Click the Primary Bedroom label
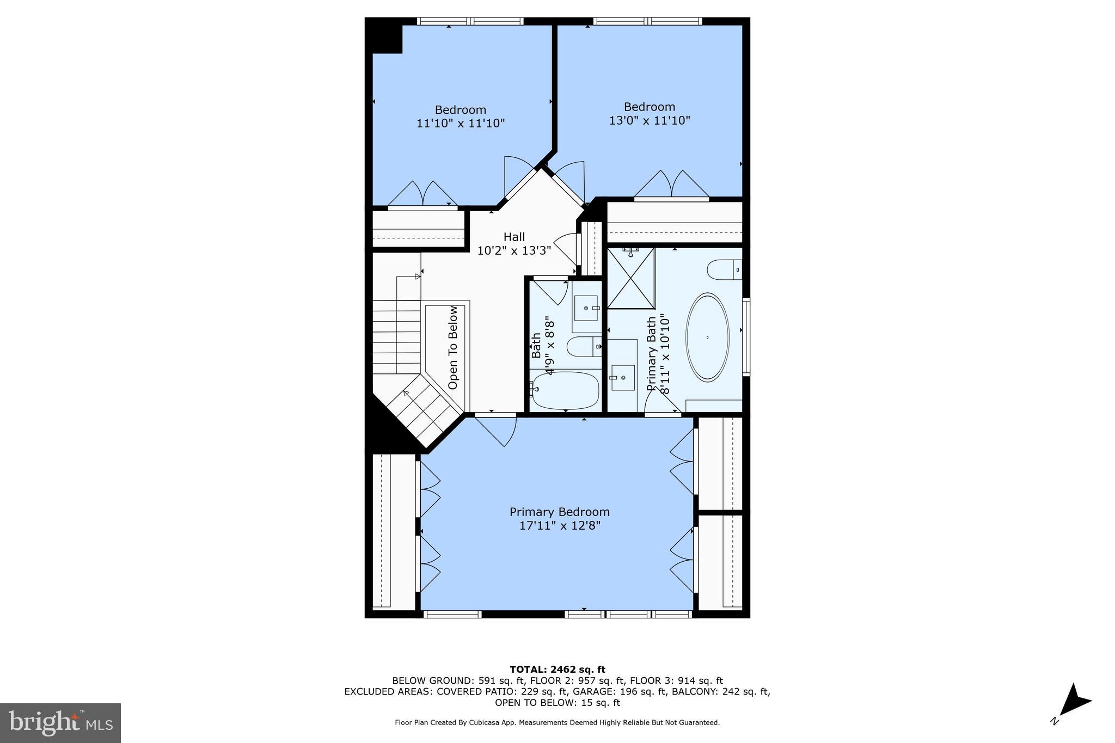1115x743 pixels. point(559,512)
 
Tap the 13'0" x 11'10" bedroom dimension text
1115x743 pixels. point(649,120)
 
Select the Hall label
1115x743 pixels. point(514,237)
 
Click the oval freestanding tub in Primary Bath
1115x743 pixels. point(707,337)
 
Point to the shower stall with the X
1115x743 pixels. point(630,278)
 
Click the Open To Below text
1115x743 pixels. point(453,347)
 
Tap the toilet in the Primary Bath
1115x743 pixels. point(723,269)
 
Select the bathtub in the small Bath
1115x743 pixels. point(565,390)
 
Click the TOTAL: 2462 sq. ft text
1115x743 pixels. point(557,670)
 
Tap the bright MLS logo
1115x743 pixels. point(60,722)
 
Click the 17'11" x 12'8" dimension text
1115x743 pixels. point(559,526)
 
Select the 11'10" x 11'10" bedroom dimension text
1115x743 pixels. point(461,124)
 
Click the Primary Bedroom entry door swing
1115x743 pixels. point(498,430)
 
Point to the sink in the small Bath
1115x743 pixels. point(586,309)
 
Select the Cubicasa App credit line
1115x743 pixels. point(557,722)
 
